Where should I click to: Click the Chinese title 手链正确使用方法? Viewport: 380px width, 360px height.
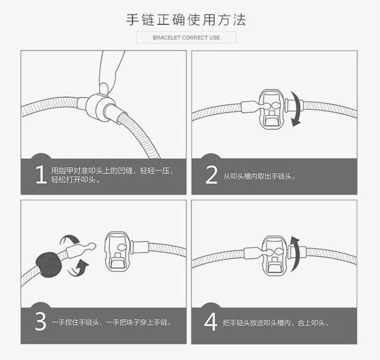click(x=186, y=20)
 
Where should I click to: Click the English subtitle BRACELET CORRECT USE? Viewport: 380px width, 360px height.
click(x=186, y=38)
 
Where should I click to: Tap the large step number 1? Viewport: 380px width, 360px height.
click(x=41, y=175)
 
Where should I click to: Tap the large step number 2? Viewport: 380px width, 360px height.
click(x=211, y=175)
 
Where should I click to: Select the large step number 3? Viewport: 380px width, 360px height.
click(x=41, y=321)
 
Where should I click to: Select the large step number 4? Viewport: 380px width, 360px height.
click(x=210, y=321)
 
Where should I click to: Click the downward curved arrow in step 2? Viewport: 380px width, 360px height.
click(x=296, y=109)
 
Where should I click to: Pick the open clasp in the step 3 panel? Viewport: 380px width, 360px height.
click(x=117, y=251)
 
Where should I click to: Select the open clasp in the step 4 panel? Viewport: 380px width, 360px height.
click(x=275, y=255)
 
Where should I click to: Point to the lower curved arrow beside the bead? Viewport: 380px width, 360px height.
click(x=79, y=268)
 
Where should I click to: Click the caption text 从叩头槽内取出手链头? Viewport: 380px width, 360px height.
click(x=257, y=176)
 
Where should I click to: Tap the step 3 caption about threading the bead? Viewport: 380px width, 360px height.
click(x=111, y=322)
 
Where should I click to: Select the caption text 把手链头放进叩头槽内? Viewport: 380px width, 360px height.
click(x=257, y=323)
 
